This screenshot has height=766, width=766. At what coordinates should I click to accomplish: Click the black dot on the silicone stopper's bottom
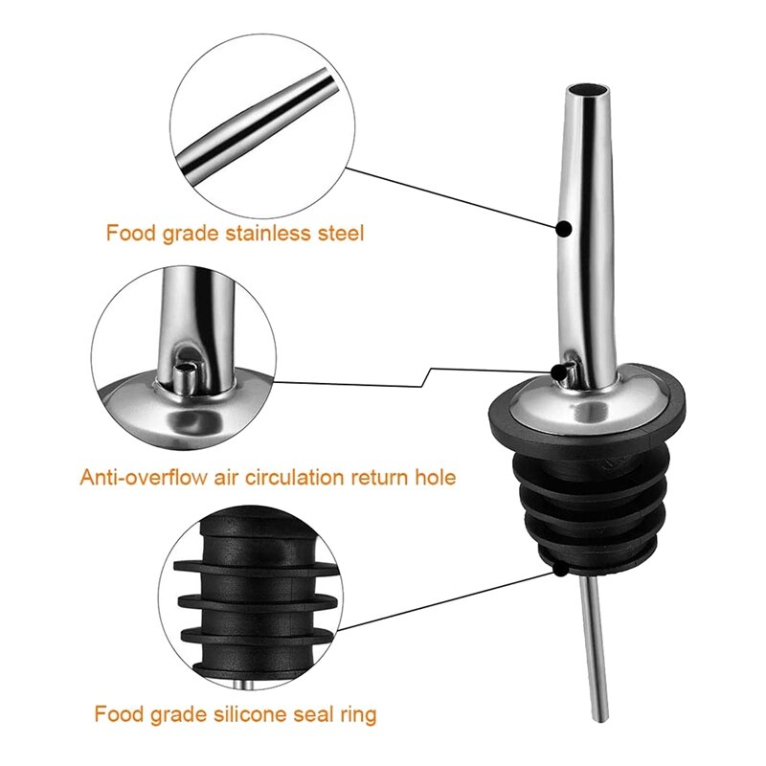[x=557, y=572]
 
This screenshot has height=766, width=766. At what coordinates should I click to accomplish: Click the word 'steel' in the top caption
[x=339, y=233]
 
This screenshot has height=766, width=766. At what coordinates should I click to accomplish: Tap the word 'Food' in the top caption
[x=128, y=233]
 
